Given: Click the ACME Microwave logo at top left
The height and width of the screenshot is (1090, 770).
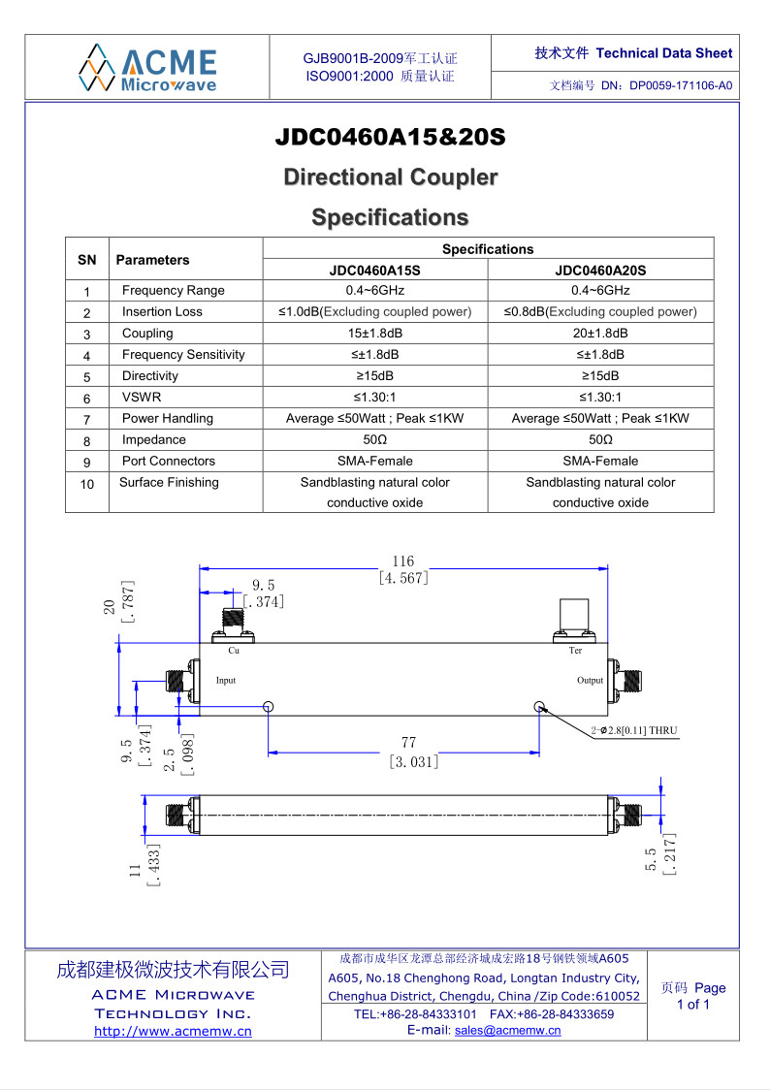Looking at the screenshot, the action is pos(147,68).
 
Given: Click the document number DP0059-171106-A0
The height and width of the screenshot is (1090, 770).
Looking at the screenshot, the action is pos(681,85).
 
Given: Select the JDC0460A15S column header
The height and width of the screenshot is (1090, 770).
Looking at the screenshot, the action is pos(374,271).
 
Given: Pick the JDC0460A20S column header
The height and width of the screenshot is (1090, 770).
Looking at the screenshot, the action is pos(600,271).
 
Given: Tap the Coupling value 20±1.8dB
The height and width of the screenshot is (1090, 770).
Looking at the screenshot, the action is pos(600,333).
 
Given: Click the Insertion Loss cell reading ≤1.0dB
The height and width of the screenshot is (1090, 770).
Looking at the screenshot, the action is pos(374,311).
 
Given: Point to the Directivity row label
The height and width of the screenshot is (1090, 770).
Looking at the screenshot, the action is pos(150,376).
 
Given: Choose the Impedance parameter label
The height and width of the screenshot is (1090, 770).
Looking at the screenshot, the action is pos(153,440).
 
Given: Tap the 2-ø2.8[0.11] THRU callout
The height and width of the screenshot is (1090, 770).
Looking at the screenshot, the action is pos(634,730).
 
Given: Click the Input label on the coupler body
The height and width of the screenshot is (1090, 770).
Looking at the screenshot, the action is pos(226,681).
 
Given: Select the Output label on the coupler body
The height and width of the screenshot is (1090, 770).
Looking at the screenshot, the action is pos(590,681).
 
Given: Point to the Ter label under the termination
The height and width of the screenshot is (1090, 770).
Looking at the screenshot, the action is pos(575,651).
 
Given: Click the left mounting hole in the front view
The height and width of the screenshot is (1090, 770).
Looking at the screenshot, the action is pos(269,707).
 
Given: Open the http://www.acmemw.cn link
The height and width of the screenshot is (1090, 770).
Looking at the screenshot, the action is pos(173,1032).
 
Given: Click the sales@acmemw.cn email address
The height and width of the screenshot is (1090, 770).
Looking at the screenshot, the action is pos(507,1030).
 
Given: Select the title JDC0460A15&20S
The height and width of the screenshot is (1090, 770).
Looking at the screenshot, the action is pos(391,137).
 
